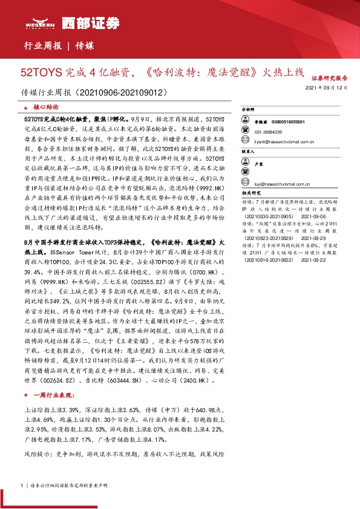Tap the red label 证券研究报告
pyautogui.click(x=329, y=79)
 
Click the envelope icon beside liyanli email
pyautogui.click(x=247, y=141)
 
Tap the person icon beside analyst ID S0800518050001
pyautogui.click(x=247, y=122)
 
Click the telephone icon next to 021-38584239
pyautogui.click(x=247, y=131)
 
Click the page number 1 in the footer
pyautogui.click(x=22, y=485)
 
